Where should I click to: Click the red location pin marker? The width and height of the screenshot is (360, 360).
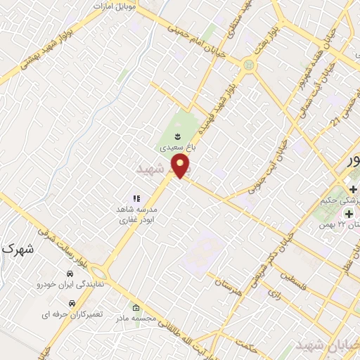(x=182, y=167)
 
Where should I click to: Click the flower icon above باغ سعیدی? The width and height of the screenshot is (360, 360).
(x=176, y=135)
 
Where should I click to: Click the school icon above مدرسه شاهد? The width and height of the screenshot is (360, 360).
(x=137, y=199)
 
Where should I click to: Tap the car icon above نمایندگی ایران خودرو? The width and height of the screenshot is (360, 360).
(x=70, y=273)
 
